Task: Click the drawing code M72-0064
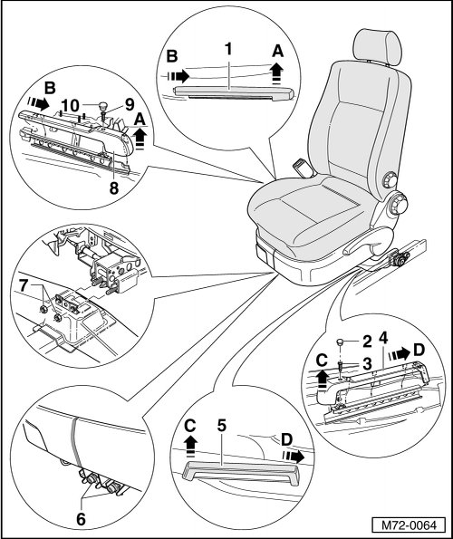[409, 525]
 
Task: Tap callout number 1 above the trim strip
[228, 50]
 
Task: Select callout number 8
[114, 188]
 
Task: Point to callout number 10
[71, 106]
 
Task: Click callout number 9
[129, 105]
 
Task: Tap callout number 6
[81, 519]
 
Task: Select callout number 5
[222, 426]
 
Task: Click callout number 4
[382, 338]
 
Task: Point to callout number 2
[367, 342]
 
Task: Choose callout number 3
[367, 362]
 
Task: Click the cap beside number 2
[342, 342]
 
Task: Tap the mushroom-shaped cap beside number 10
[102, 104]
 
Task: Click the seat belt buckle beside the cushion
[303, 168]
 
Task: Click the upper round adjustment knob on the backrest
[390, 179]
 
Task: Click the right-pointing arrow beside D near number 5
[293, 457]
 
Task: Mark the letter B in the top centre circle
[172, 56]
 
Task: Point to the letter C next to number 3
[322, 361]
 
